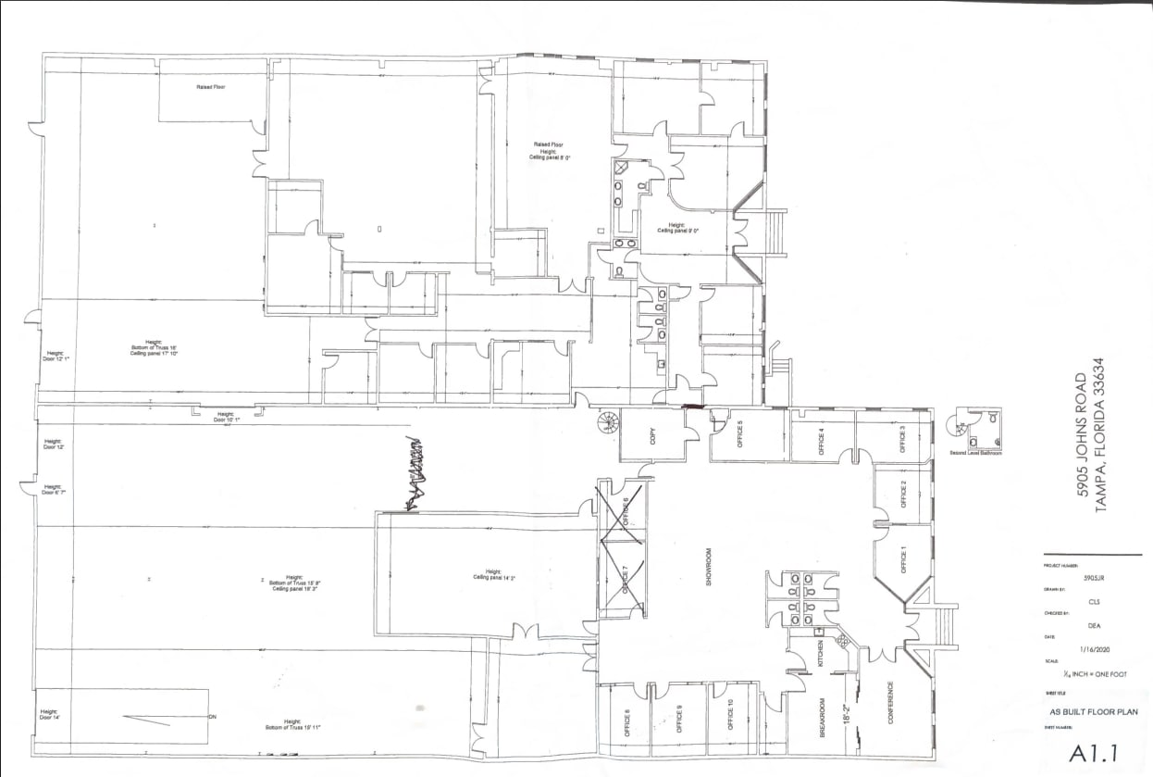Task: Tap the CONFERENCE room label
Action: click(891, 703)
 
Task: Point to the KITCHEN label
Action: click(820, 652)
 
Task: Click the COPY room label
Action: click(652, 436)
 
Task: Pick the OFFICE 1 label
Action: click(904, 561)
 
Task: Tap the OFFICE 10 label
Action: click(731, 715)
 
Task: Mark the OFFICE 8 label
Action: click(627, 721)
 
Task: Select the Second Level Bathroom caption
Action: click(975, 453)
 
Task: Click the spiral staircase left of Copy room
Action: click(606, 425)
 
